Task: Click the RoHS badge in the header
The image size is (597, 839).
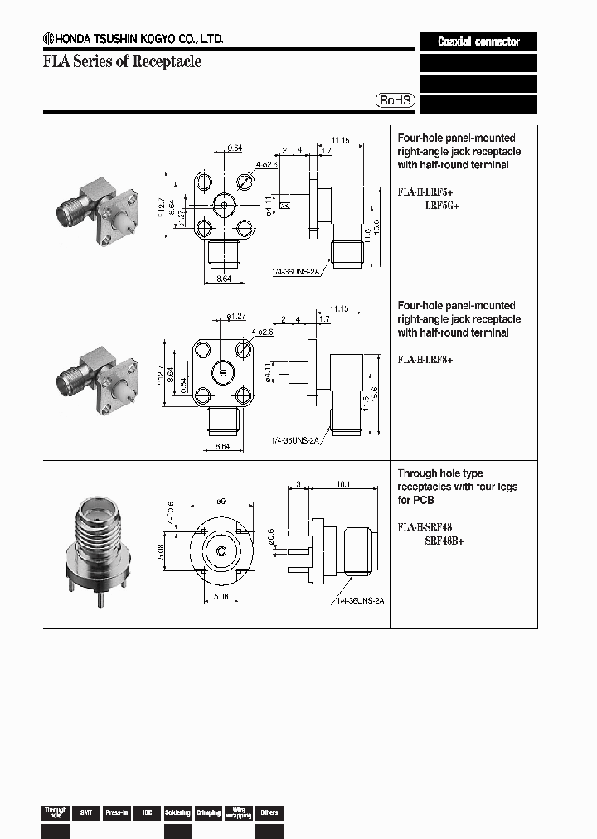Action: click(396, 100)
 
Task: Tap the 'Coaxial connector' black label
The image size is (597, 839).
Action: click(478, 41)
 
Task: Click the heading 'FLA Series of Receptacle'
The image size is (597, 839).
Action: click(122, 62)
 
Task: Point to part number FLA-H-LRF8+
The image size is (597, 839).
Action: click(425, 360)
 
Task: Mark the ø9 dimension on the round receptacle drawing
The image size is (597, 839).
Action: click(221, 502)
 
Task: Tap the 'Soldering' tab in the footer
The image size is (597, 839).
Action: click(177, 812)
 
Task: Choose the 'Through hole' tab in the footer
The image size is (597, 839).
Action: click(55, 812)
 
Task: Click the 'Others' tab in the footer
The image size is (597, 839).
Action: click(269, 812)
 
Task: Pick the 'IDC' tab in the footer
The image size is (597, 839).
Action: click(147, 812)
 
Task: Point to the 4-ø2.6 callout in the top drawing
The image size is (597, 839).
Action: click(266, 164)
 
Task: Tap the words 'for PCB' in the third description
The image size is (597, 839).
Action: click(415, 500)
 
